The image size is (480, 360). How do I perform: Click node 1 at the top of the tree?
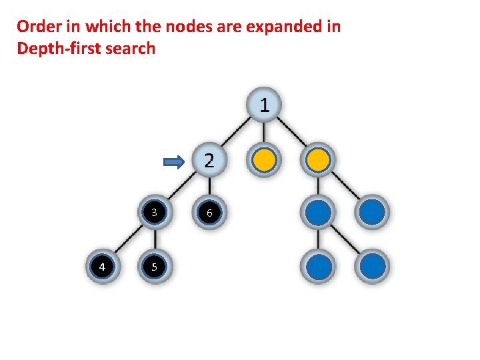(264, 105)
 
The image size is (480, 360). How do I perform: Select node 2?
(209, 160)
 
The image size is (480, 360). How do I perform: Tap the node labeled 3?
(154, 213)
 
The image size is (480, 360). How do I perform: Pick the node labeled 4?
(101, 267)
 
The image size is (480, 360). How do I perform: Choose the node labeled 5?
(154, 267)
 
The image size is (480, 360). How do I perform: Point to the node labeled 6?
(209, 213)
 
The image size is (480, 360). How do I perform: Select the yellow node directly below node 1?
(264, 160)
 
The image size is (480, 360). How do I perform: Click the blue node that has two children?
(319, 213)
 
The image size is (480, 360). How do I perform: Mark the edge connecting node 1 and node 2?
(236, 133)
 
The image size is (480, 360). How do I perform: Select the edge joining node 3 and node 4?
(127, 240)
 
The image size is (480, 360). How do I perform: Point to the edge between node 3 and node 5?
(154, 240)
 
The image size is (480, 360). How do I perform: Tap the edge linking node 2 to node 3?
(181, 187)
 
